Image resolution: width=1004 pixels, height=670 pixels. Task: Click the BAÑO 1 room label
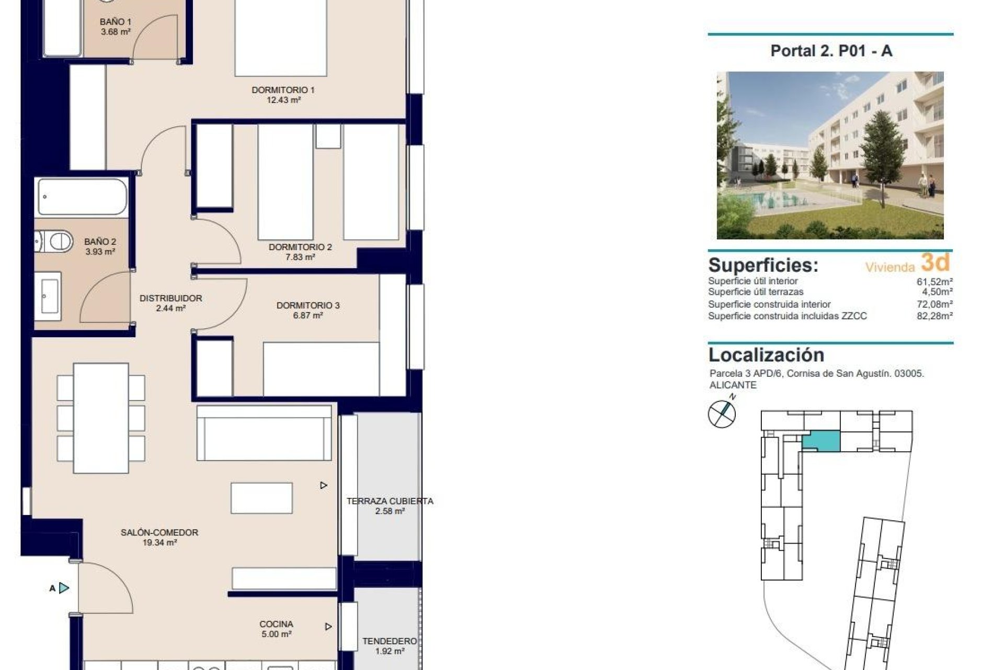[116, 22]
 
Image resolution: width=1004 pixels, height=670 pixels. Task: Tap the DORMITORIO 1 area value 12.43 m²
[283, 100]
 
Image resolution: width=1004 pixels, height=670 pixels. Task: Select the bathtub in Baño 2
[82, 197]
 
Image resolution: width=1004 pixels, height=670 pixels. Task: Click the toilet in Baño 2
[55, 242]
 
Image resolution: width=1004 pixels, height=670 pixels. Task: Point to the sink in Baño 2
[49, 296]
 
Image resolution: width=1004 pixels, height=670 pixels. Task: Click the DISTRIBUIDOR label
[170, 298]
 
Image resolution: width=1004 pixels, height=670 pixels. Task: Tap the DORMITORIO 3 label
[307, 305]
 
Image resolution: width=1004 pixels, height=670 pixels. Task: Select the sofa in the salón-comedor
[264, 433]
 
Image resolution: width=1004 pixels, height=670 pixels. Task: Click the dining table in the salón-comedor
[101, 417]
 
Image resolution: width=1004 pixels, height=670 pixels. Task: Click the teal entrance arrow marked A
[64, 588]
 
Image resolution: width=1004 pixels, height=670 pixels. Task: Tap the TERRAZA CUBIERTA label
[390, 501]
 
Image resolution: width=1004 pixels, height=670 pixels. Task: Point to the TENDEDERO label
[390, 641]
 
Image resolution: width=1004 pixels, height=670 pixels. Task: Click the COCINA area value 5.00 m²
[276, 634]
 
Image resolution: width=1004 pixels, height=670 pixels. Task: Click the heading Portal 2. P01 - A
[831, 51]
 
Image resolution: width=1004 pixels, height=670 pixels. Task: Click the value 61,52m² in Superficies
[934, 282]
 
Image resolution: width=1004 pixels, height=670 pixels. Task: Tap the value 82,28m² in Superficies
[934, 316]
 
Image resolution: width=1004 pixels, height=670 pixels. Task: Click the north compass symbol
[722, 414]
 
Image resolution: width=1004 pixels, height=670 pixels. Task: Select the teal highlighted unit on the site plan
[821, 441]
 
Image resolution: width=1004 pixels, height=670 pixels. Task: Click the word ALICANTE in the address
[733, 385]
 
